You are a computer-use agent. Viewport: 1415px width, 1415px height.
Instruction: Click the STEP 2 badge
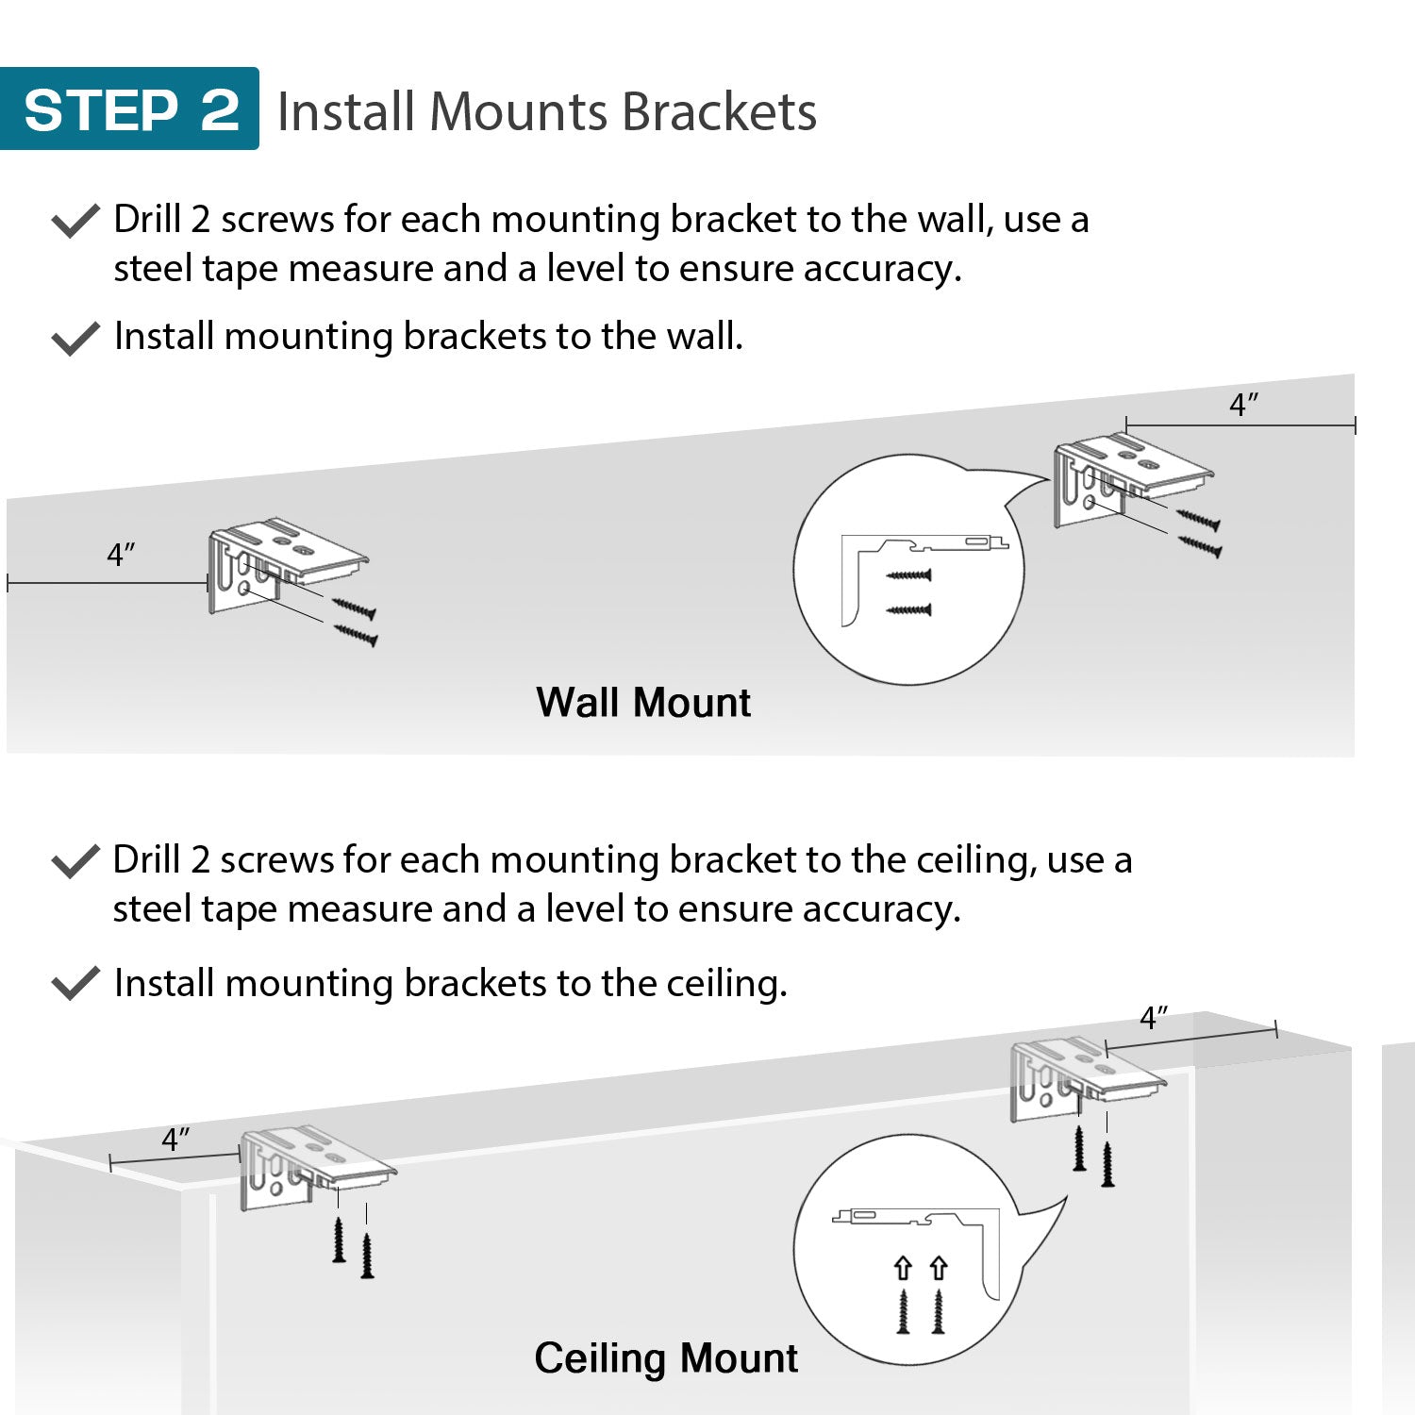(x=129, y=109)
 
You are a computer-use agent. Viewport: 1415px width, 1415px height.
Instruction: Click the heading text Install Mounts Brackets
(x=546, y=111)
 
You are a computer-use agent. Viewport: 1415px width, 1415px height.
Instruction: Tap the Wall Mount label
(x=643, y=703)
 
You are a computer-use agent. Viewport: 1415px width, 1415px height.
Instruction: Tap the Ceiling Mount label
(x=666, y=1358)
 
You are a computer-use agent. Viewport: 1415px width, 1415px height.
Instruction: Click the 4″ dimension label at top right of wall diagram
(x=1243, y=405)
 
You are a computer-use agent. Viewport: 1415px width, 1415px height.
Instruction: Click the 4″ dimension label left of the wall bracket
(x=121, y=555)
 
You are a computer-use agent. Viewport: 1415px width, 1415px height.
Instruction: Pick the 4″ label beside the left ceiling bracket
(x=175, y=1140)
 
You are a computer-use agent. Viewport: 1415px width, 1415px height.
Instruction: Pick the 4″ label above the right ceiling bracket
(x=1154, y=1019)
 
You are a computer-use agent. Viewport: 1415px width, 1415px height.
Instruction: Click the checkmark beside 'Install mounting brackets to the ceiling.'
(x=75, y=983)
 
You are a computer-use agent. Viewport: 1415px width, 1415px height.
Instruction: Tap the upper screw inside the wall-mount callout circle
(x=909, y=574)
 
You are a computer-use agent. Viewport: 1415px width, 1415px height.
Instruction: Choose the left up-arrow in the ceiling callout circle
(x=903, y=1268)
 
